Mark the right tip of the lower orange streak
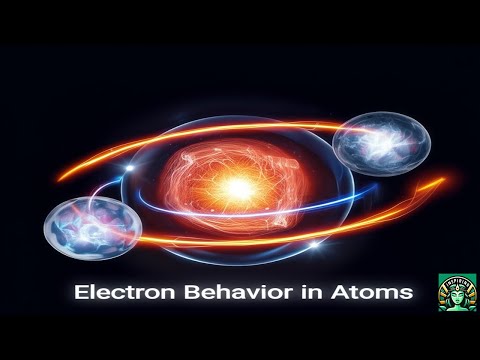pos(442,181)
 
